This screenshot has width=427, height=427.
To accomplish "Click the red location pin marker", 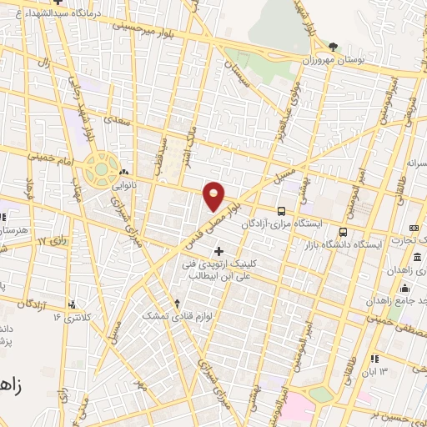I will [214, 196].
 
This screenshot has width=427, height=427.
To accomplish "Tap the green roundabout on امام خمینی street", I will [102, 169].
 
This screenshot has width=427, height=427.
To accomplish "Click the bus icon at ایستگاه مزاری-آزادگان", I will [281, 212].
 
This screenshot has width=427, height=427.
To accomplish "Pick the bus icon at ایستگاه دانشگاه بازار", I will [343, 232].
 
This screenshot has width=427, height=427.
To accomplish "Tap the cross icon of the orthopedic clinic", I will [219, 251].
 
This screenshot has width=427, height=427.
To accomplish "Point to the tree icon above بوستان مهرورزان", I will [333, 46].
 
